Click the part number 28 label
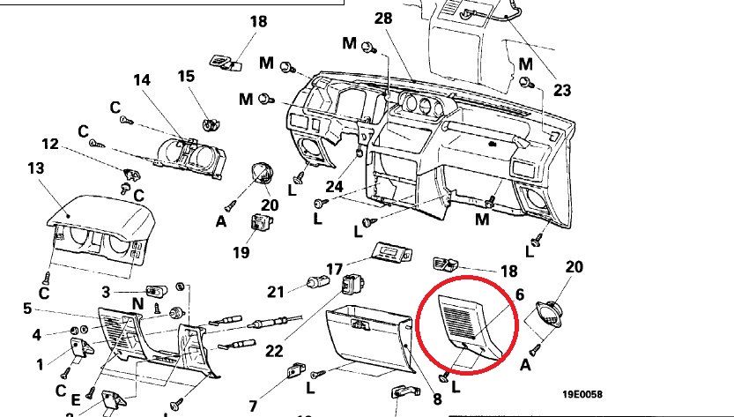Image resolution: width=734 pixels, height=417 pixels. tap(382, 19)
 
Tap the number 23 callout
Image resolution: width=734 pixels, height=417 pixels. tap(562, 90)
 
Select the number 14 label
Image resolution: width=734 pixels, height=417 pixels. tap(143, 80)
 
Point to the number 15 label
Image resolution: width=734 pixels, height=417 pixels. tap(186, 77)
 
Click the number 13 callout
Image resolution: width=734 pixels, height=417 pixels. tap(36, 168)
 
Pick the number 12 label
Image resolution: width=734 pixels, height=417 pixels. tap(49, 144)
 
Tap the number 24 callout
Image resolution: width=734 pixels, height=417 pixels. tap(333, 186)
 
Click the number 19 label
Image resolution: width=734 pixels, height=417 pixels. tap(241, 252)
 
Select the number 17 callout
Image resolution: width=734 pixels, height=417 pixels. tap(334, 269)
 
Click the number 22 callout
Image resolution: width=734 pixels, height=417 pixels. tap(274, 351)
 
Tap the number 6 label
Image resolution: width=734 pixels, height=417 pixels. tap(519, 294)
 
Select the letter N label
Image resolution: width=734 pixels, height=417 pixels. tap(138, 303)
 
